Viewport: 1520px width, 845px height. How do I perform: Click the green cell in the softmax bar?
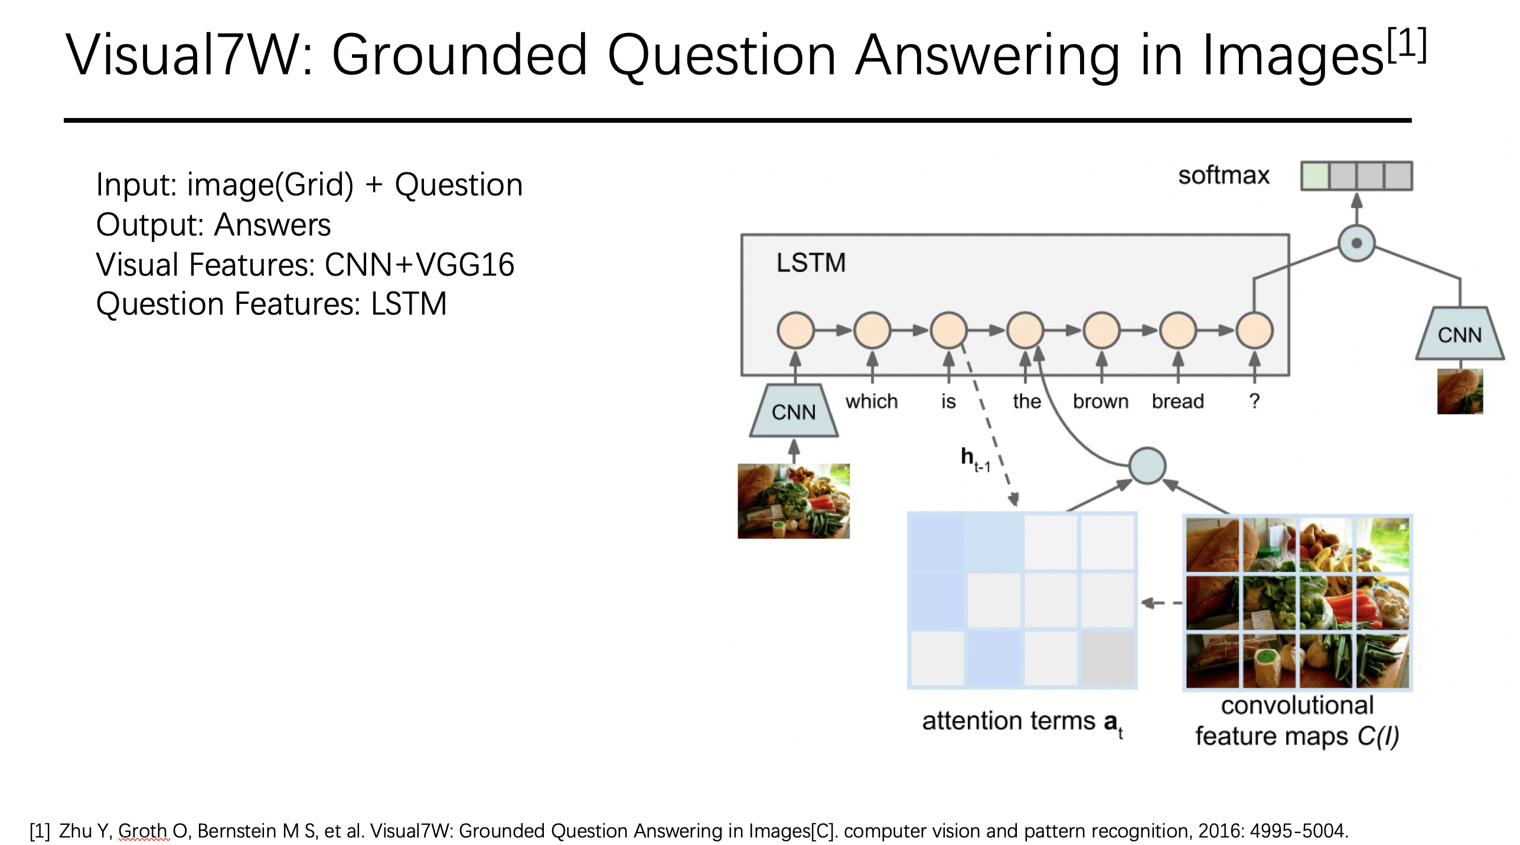pos(1314,176)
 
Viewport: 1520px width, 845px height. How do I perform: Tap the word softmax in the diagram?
pos(1223,175)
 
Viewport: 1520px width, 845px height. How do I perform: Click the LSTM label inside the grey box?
pos(811,263)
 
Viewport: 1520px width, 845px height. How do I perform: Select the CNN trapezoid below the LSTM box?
pos(794,411)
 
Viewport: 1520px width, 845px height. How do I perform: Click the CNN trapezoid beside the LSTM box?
pos(1459,333)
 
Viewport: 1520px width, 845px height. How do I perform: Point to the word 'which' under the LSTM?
pos(872,401)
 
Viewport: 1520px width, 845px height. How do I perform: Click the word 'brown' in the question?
pos(1101,401)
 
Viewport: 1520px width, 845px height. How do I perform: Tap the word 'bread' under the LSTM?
pos(1177,401)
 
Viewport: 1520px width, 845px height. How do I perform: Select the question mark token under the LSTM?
pos(1254,401)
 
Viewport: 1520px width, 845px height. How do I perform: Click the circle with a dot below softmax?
pos(1356,243)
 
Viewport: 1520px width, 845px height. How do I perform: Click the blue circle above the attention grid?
pos(1147,466)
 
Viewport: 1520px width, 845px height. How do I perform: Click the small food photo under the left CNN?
pos(794,501)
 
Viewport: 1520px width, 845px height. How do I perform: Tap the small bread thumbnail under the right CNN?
pos(1460,391)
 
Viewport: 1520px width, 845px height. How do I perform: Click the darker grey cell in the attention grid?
pos(1107,658)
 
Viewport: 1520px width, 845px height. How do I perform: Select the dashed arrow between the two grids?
pos(1162,603)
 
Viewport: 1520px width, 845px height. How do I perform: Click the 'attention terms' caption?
pos(1009,721)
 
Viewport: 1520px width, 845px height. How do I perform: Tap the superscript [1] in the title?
pos(1407,45)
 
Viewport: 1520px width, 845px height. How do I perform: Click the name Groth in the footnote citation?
pos(143,830)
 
